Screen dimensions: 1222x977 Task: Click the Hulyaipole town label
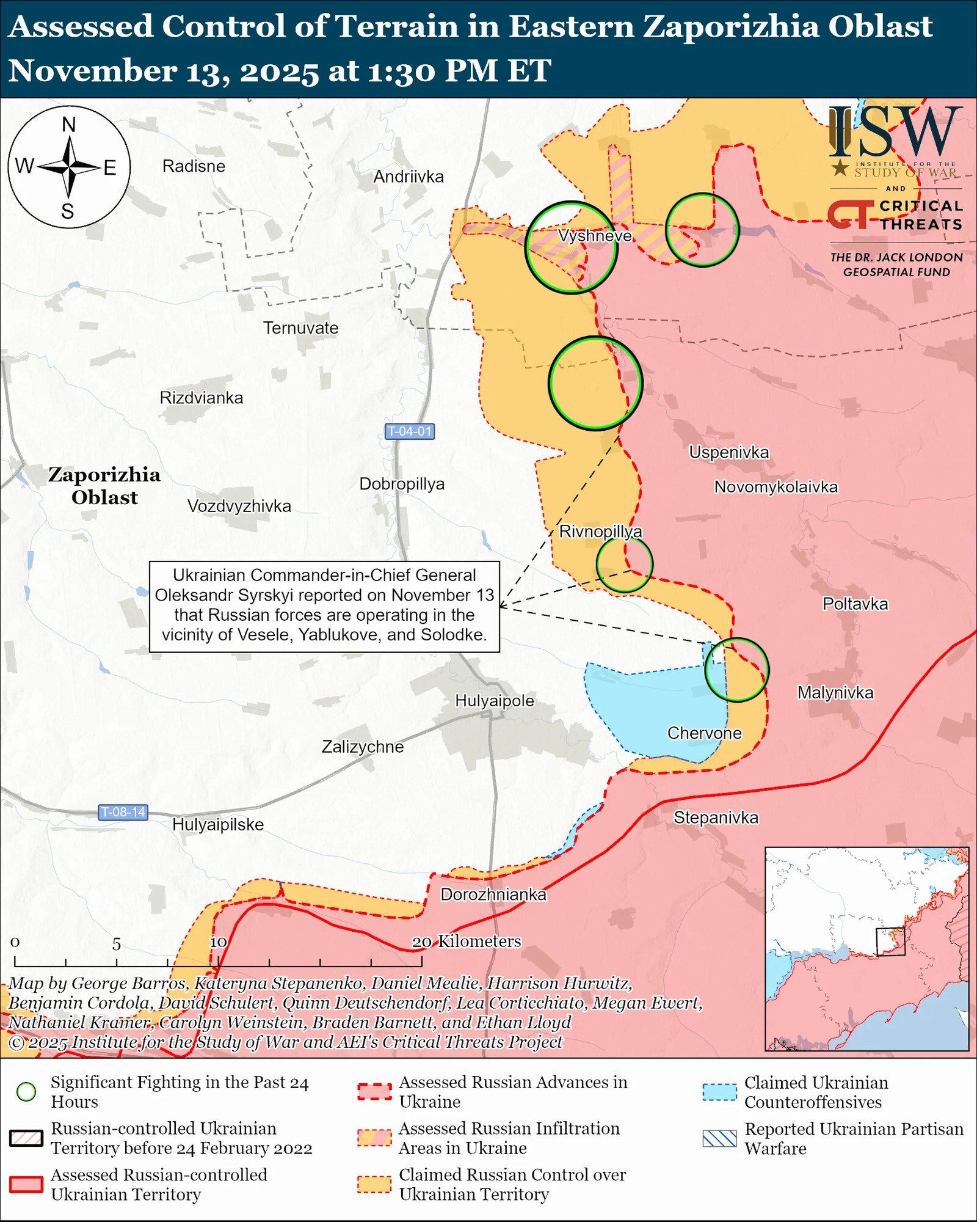(x=495, y=701)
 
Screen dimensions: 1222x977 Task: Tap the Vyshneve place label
(x=595, y=236)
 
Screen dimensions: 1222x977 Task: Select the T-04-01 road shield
(x=410, y=431)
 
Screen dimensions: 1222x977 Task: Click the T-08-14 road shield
(x=123, y=812)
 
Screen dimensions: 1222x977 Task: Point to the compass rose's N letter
(x=69, y=125)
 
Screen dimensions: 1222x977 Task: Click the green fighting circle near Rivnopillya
(x=624, y=564)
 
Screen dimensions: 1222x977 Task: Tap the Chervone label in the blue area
(x=704, y=733)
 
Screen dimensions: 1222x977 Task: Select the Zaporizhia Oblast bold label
(x=104, y=486)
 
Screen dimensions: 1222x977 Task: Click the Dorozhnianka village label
(x=493, y=895)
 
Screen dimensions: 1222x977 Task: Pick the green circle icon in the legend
(x=26, y=1092)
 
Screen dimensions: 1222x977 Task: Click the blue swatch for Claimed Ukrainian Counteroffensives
(x=719, y=1092)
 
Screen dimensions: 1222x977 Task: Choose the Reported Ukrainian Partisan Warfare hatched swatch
(x=719, y=1138)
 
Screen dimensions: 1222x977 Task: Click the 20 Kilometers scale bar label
(x=467, y=942)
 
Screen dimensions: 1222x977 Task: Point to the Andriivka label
(x=409, y=177)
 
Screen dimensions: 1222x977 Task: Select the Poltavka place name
(x=855, y=604)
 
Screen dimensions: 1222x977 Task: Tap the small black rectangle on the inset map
(x=891, y=942)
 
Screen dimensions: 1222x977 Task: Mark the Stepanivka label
(x=716, y=818)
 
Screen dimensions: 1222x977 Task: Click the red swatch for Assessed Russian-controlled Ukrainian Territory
(x=26, y=1184)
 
